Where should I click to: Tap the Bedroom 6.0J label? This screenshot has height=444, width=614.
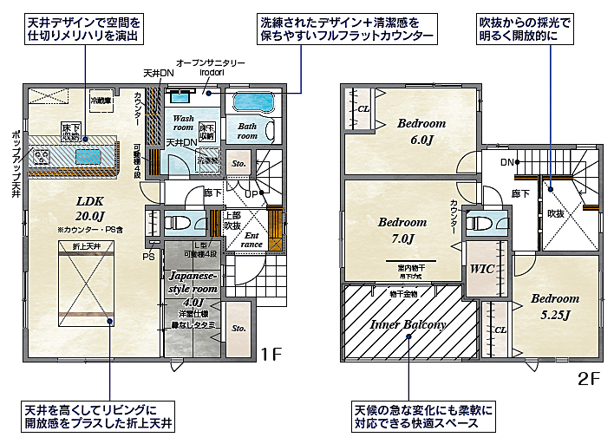coord(421,131)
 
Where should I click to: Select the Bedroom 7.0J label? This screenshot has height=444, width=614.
coord(402,230)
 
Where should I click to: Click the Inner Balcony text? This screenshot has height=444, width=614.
coord(408,324)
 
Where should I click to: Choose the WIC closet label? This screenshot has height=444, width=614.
coord(481,269)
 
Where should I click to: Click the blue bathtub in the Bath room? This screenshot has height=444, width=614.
coord(254,102)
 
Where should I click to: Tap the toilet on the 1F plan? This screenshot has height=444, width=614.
coord(180,219)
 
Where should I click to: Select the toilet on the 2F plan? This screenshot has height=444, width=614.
coord(480,223)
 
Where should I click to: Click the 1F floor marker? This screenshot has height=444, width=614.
coord(272,354)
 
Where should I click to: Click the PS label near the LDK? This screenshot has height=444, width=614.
coord(149,256)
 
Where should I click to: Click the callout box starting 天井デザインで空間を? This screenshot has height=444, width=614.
coord(82,28)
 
